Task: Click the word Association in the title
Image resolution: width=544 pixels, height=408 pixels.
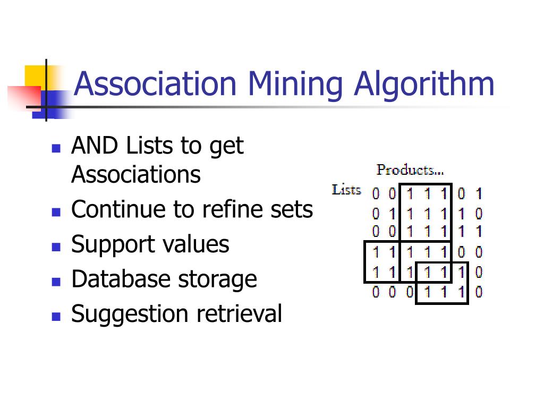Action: [x=155, y=84]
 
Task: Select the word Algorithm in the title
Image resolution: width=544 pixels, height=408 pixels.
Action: [x=424, y=84]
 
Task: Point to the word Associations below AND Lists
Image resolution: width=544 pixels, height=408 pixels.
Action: [x=136, y=174]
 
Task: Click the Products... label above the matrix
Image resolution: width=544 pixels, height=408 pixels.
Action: [x=410, y=170]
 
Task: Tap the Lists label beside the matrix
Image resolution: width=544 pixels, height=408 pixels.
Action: [x=346, y=190]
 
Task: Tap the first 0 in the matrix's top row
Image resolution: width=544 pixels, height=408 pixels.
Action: [x=376, y=194]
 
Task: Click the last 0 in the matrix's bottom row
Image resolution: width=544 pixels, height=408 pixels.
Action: [x=479, y=292]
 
